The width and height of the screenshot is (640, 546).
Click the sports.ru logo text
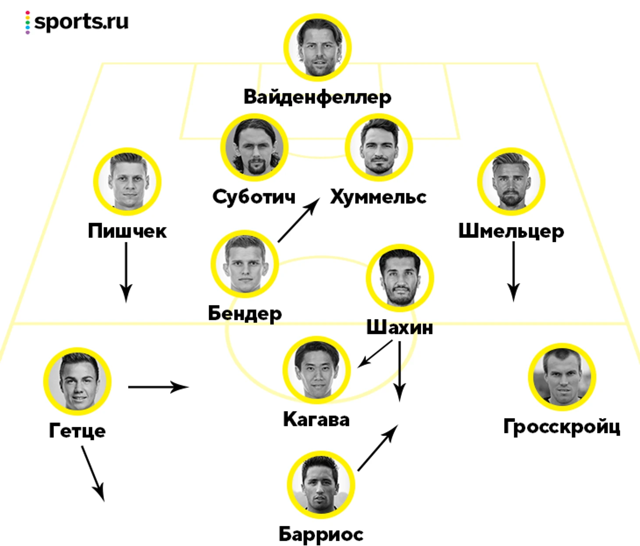[x=82, y=22]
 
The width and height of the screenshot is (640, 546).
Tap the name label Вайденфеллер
[x=317, y=97]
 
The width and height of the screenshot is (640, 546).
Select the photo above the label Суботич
[x=255, y=147]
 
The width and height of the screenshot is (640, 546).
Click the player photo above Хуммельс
[x=379, y=147]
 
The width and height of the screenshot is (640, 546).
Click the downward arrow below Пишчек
[x=126, y=273]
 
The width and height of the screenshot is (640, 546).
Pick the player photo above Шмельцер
[x=511, y=181]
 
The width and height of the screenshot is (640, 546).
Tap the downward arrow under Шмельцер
[x=513, y=271]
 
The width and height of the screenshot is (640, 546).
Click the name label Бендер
[x=245, y=314]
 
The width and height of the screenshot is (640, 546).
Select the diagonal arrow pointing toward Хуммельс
[x=299, y=220]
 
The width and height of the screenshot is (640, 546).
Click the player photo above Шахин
[x=400, y=278]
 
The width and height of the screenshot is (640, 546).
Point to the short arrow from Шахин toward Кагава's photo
[x=375, y=354]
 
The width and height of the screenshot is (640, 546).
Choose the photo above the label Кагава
[x=316, y=370]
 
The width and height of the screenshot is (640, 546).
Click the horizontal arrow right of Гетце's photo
[x=159, y=387]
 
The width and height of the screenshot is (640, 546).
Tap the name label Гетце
[x=77, y=431]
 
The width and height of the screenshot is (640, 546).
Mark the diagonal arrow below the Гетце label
[x=93, y=474]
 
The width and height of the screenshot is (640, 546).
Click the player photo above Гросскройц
[x=562, y=377]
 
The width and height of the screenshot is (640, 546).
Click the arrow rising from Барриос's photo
[x=378, y=448]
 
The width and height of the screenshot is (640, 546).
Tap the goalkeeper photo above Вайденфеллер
[x=317, y=48]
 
